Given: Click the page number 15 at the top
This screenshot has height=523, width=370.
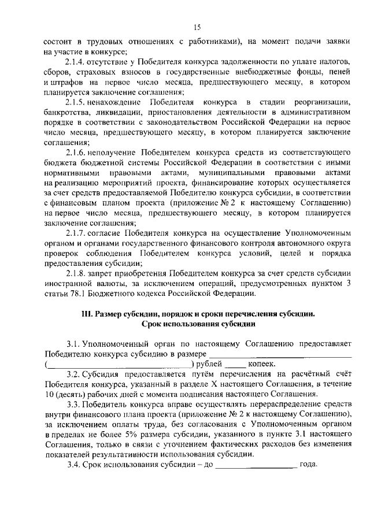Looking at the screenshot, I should pos(197,28).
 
